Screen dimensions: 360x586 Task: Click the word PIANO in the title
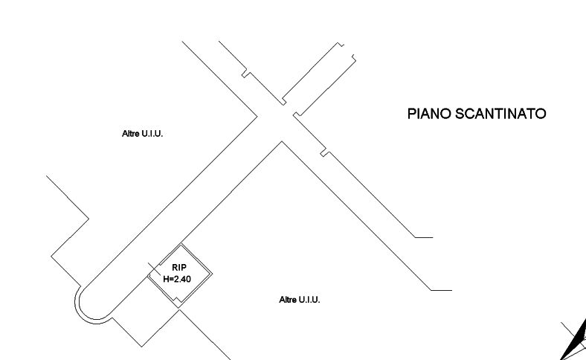point(429,114)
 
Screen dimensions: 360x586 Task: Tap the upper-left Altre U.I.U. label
point(142,134)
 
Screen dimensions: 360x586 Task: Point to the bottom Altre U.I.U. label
point(299,299)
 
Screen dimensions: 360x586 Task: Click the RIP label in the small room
point(179,267)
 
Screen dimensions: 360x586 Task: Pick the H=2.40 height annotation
point(178,278)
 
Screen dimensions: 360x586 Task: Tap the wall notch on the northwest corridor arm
point(244,74)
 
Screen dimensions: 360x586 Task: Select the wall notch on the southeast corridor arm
point(323,153)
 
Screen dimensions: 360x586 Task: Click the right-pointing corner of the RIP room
point(213,274)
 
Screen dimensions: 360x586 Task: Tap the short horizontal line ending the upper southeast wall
point(424,237)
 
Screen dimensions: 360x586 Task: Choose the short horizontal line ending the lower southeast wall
point(442,290)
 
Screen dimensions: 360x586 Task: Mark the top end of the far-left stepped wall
point(47,177)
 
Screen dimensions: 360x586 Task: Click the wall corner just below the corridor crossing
point(280,141)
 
